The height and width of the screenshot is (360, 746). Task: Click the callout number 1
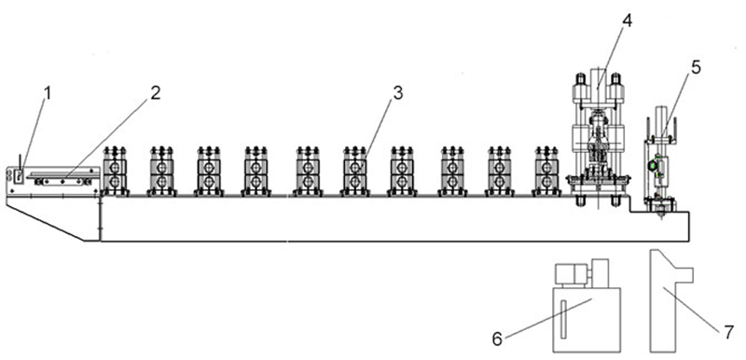[x=48, y=93]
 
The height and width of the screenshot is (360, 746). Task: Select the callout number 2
[x=156, y=92]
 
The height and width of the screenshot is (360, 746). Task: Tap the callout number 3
[x=398, y=93]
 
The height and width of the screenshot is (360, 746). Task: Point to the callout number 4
[x=627, y=21]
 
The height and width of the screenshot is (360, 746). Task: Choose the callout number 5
[x=696, y=67]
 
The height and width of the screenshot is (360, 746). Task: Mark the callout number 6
[x=497, y=339]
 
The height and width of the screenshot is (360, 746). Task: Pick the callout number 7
[x=728, y=332]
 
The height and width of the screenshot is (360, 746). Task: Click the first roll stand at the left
[x=114, y=172]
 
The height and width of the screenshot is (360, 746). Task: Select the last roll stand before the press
[x=546, y=172]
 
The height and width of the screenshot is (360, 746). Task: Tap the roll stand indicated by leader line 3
[x=354, y=172]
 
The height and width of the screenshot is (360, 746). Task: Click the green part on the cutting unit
[x=653, y=165]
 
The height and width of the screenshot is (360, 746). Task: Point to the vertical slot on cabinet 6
[x=563, y=320]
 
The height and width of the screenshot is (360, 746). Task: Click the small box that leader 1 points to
[x=19, y=176]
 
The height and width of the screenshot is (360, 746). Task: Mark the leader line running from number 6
[x=547, y=318]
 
